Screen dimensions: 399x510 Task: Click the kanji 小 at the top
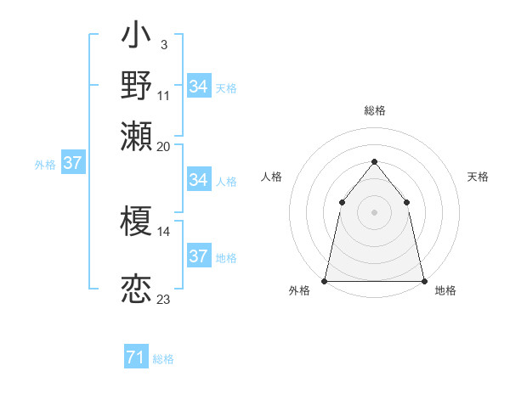click(x=136, y=37)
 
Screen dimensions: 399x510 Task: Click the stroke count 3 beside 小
click(x=163, y=43)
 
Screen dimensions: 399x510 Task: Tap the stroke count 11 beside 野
click(x=163, y=95)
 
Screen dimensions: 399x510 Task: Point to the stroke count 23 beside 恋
click(x=163, y=300)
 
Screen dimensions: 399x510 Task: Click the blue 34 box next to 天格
click(x=198, y=87)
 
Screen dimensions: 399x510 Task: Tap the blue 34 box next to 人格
click(x=198, y=180)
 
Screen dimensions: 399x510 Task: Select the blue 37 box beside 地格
click(x=198, y=256)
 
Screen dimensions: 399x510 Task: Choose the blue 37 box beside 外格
click(x=72, y=164)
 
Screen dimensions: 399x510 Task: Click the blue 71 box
click(x=135, y=358)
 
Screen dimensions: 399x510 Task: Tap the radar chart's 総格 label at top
click(x=374, y=111)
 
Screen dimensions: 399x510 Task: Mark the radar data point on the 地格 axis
click(x=423, y=281)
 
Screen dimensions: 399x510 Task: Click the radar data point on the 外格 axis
click(x=325, y=281)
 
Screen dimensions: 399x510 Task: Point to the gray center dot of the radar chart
click(x=374, y=212)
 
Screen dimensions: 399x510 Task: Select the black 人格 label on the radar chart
click(x=271, y=177)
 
